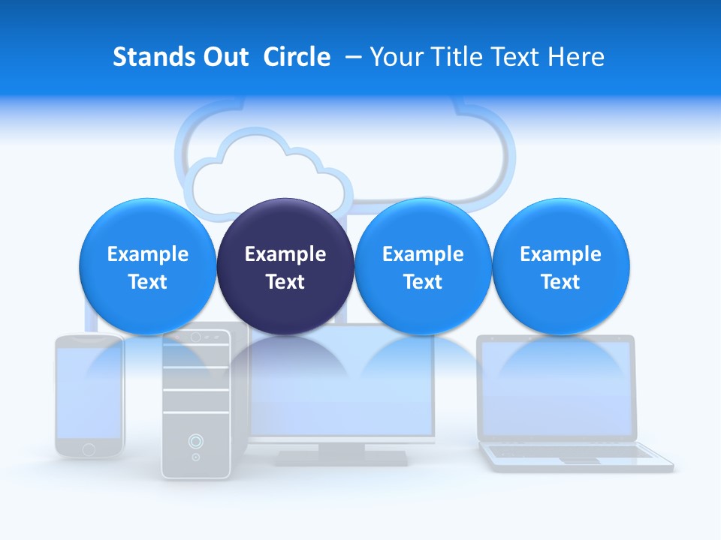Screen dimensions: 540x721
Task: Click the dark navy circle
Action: pos(285,266)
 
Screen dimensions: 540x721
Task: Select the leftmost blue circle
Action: pos(147,266)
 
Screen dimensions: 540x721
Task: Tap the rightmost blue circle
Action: pos(561,266)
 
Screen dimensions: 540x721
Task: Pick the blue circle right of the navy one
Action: pos(423,266)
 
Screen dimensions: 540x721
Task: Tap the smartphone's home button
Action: pos(89,449)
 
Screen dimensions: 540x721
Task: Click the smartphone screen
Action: pos(89,394)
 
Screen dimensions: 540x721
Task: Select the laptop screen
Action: pos(557,390)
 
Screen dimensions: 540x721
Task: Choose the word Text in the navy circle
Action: pos(285,282)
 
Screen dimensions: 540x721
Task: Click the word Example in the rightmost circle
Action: pos(561,254)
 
